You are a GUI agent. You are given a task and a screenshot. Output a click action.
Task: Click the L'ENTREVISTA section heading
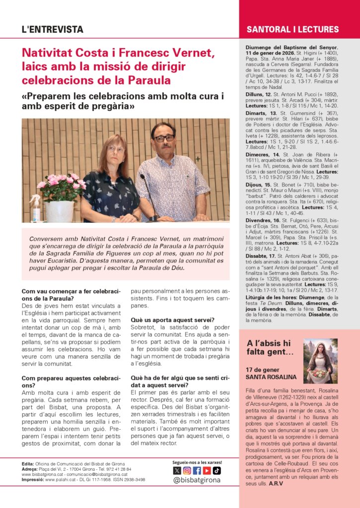tap(53, 30)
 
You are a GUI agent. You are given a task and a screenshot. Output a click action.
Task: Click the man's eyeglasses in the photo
tap(164, 138)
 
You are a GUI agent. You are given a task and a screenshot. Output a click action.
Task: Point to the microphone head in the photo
tap(143, 177)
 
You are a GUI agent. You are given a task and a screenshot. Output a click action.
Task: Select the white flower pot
tap(60, 211)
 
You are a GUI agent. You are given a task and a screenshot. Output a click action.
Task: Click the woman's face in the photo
tap(116, 149)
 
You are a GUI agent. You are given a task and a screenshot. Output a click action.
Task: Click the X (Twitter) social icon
tap(177, 470)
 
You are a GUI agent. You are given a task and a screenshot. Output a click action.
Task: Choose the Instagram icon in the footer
tap(187, 470)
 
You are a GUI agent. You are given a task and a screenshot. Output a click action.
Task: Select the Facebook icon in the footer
tap(197, 470)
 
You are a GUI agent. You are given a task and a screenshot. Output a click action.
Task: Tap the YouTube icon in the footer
tap(207, 470)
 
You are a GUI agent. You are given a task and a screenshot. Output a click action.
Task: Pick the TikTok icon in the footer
tap(216, 470)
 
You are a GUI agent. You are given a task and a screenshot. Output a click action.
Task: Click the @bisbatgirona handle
tap(197, 480)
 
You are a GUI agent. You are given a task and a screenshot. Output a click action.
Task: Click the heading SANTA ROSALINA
tap(271, 377)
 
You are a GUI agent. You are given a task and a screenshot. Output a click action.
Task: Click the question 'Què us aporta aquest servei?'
tap(172, 320)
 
